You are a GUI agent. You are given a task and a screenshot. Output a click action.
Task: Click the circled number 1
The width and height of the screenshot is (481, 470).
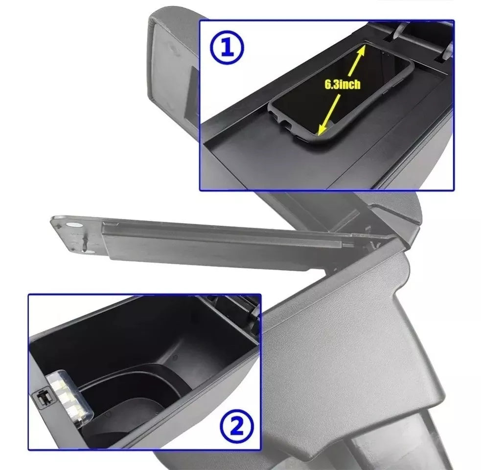[x=227, y=47]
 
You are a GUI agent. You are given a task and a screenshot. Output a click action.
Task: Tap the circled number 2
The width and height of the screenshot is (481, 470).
[x=236, y=427]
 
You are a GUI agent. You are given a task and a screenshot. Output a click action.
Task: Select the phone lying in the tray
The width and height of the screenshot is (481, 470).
[x=341, y=92]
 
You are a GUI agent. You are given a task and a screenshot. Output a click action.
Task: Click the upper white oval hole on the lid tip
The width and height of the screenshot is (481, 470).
[x=75, y=225]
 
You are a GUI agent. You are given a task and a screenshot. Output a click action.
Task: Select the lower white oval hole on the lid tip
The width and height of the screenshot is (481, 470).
[x=89, y=252]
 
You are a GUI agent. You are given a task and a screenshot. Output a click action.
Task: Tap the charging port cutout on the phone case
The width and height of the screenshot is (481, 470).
[x=285, y=125]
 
